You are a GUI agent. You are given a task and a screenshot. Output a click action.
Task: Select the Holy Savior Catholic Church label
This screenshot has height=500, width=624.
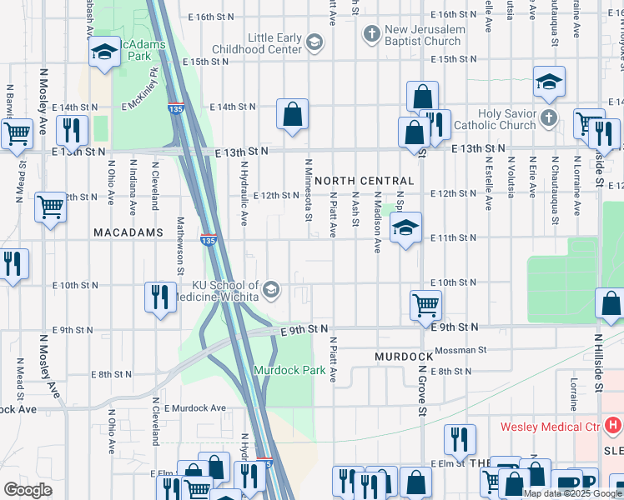506,119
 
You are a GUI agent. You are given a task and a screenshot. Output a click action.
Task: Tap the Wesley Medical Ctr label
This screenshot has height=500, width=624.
549,427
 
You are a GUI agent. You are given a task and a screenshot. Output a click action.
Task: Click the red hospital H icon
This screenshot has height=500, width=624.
613,426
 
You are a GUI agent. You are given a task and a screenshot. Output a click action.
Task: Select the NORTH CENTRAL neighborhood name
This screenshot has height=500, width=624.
364,181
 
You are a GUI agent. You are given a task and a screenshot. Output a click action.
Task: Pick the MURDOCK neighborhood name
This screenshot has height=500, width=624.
404,356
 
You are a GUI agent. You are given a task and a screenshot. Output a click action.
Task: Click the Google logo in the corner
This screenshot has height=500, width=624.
28,490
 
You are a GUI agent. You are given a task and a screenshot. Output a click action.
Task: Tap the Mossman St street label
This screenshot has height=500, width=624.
459,350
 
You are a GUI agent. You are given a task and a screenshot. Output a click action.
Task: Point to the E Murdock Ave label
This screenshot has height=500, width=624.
195,408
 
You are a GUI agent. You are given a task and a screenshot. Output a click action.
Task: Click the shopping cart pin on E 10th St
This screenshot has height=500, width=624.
425,306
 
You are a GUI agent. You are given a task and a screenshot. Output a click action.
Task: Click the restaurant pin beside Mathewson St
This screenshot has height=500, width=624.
161,297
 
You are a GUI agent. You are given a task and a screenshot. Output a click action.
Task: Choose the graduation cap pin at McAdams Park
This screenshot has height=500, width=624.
105,52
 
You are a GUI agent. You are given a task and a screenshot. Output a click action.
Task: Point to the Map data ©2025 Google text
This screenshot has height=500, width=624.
572,493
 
